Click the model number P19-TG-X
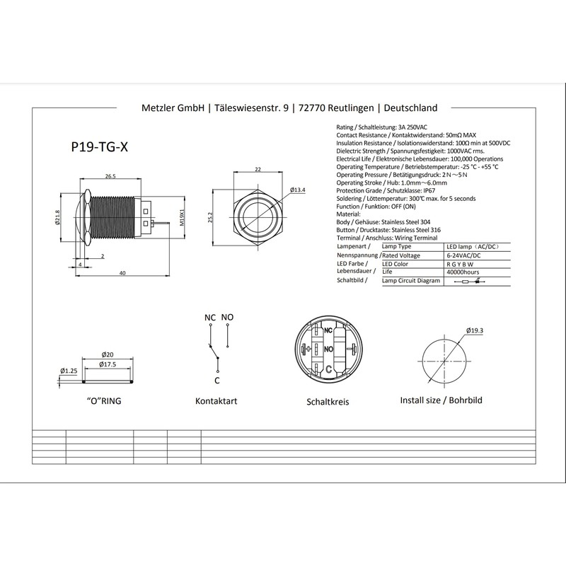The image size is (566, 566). (x=99, y=147)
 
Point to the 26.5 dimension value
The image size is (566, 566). (x=110, y=176)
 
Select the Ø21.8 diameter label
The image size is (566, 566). (x=57, y=218)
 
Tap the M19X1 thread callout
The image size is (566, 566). (x=183, y=217)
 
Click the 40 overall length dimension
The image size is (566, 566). (x=122, y=273)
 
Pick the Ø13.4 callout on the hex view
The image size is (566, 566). (x=297, y=190)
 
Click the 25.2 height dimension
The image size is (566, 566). (x=211, y=217)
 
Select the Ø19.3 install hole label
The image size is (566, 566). (x=474, y=330)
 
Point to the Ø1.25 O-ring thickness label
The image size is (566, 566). (x=69, y=371)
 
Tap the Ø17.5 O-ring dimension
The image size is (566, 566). (x=108, y=364)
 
